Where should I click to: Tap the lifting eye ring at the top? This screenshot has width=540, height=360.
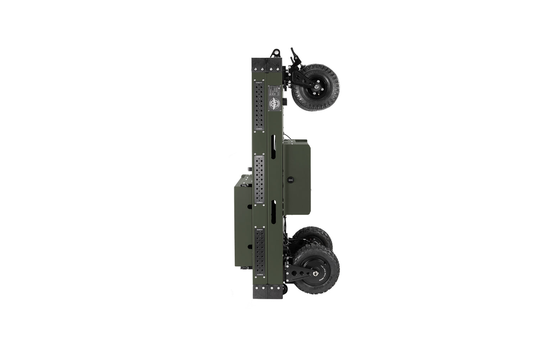click(x=274, y=53)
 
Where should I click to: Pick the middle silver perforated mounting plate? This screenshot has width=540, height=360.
click(x=259, y=179)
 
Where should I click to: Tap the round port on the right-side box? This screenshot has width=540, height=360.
click(x=290, y=180)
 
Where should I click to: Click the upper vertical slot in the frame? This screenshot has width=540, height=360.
click(x=274, y=147)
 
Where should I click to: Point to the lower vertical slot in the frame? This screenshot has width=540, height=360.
click(x=274, y=212)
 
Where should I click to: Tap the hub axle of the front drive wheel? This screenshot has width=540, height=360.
click(x=316, y=273)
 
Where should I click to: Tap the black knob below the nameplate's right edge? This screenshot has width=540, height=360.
click(x=285, y=102)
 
